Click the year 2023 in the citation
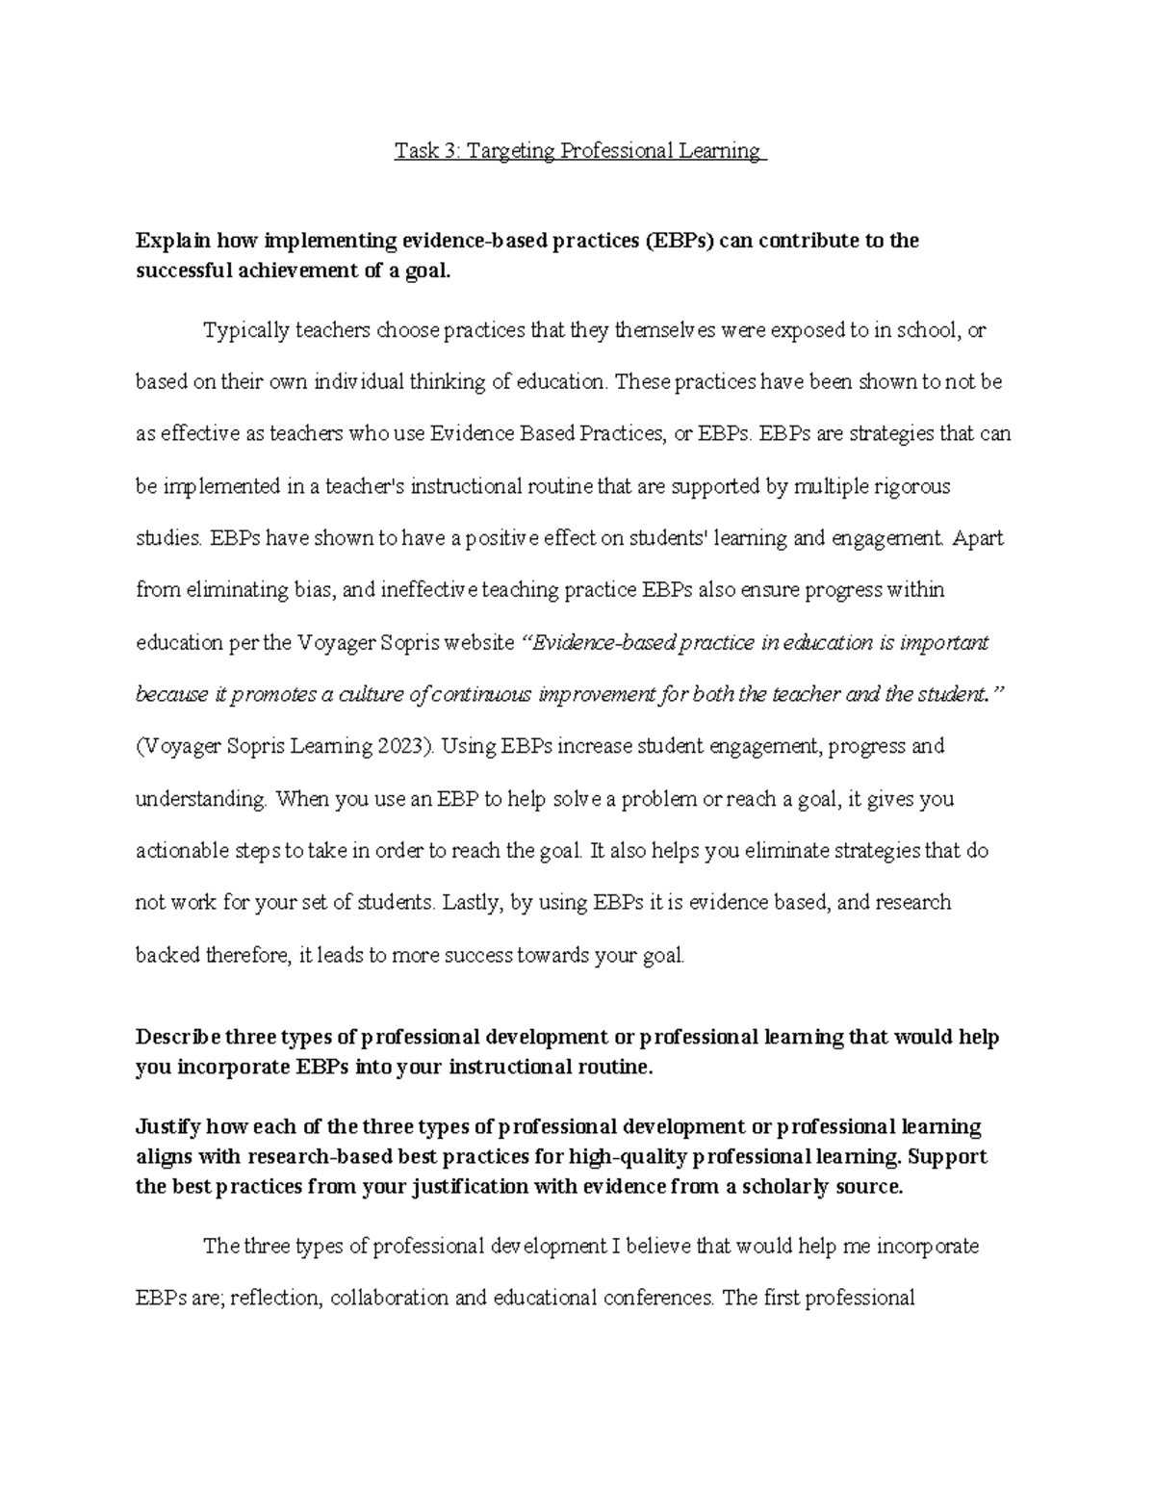[404, 746]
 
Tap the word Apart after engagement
[978, 538]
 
